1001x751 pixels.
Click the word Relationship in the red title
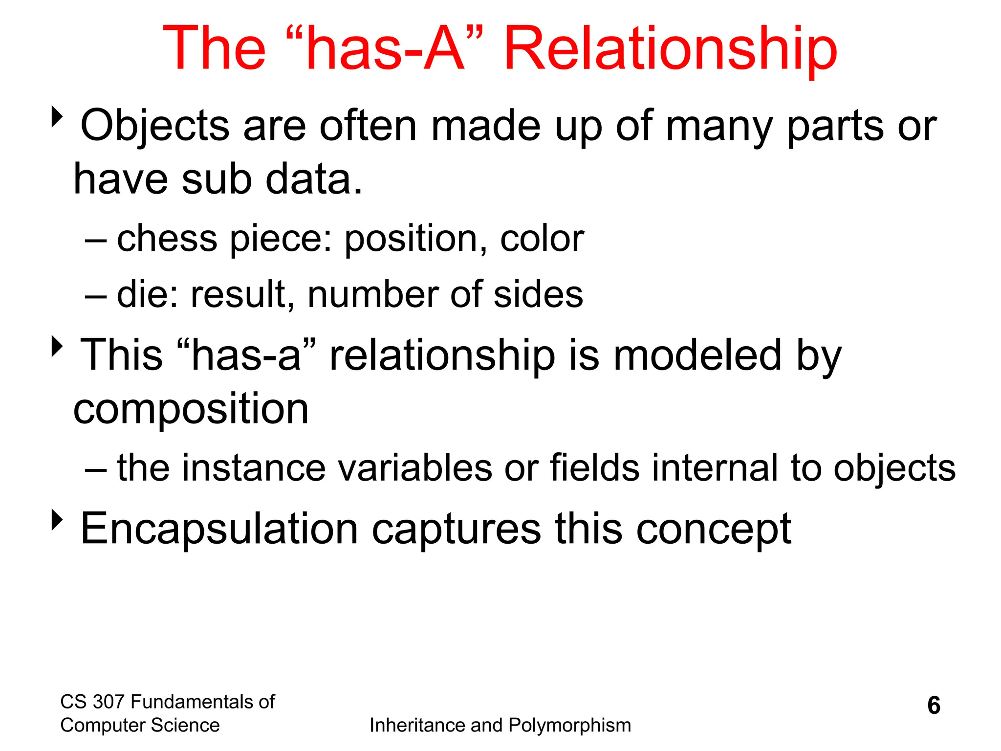[670, 49]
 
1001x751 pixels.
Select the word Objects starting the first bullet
[154, 126]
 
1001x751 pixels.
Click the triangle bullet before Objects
[58, 117]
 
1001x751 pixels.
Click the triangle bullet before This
[58, 347]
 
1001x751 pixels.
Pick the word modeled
[698, 355]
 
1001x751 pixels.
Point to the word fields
[595, 468]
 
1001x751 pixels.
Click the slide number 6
[934, 706]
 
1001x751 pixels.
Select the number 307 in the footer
[109, 702]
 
